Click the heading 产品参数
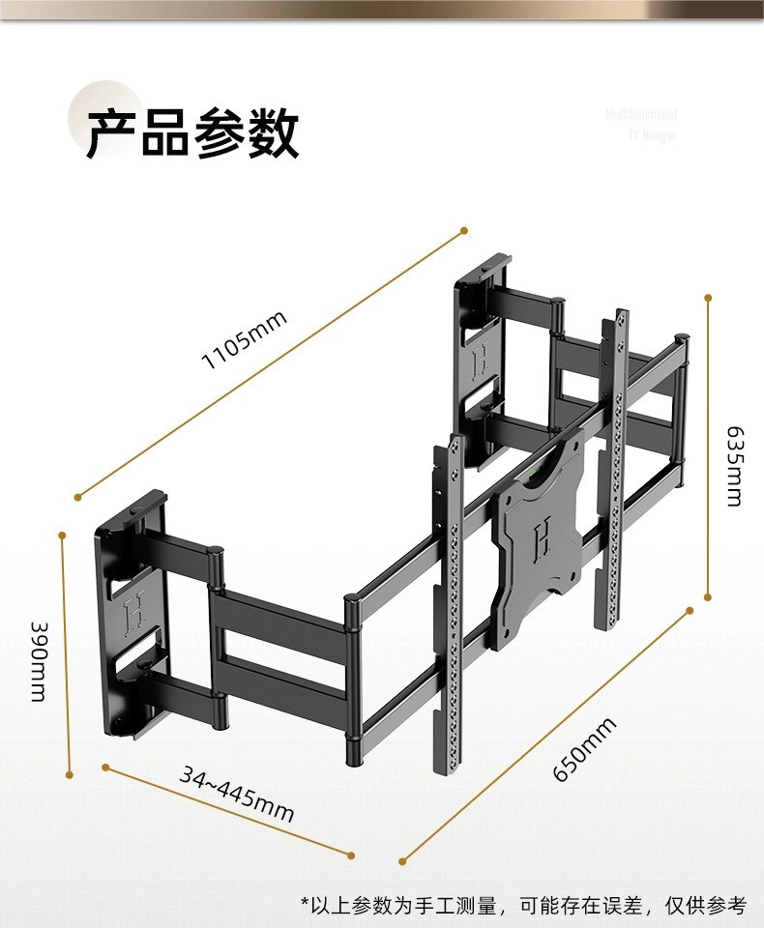pos(191,133)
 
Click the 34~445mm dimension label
pos(236,792)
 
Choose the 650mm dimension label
pos(584,750)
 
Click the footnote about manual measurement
pos(523,906)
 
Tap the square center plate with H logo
pos(540,541)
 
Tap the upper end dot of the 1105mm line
pos(463,230)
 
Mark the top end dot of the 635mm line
pos(708,298)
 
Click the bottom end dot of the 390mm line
pos(70,773)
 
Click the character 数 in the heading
pos(272,133)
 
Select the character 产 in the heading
pos(112,133)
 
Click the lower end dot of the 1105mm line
pos(78,498)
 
